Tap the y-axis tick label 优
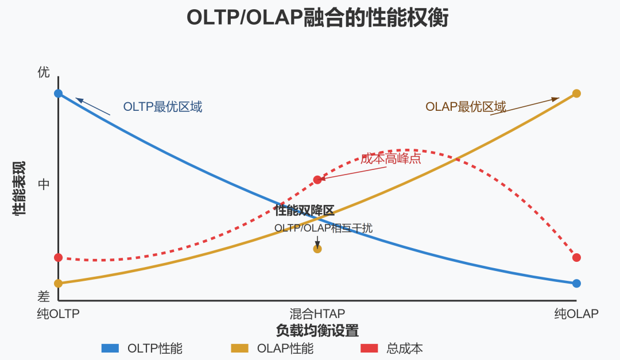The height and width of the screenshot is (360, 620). pos(44,72)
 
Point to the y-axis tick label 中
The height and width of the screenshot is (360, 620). pos(44,184)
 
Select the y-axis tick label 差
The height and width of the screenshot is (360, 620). pos(44,296)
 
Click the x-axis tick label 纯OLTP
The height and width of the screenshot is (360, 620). pos(58,314)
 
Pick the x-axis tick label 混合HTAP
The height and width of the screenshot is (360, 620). pos(317,314)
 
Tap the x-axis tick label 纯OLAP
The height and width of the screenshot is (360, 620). pos(576,314)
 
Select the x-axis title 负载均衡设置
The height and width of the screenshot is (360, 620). pos(317,331)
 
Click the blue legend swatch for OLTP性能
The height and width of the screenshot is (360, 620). pos(110,348)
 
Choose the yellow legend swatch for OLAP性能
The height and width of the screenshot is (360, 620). pos(239,348)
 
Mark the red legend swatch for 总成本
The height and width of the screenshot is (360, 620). pos(369,348)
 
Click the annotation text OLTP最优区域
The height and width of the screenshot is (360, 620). pos(162,107)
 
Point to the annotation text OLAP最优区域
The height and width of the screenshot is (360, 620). pos(466,107)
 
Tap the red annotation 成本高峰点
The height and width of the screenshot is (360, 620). pos(391,159)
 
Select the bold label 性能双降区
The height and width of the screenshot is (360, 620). pos(304,211)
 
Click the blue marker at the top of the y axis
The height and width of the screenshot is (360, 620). pos(58,93)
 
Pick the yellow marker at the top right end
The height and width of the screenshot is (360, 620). pos(576,93)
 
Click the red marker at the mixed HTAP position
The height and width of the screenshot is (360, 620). pos(317,180)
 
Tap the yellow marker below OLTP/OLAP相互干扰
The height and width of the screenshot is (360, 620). pos(317,249)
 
